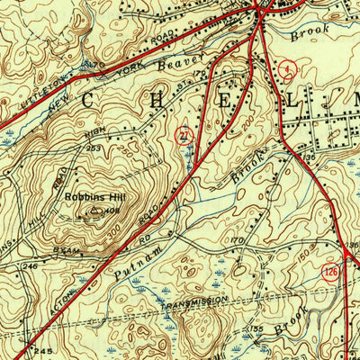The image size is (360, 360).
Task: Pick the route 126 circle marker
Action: (x=331, y=270)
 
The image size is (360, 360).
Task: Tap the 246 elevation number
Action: (x=30, y=266)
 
